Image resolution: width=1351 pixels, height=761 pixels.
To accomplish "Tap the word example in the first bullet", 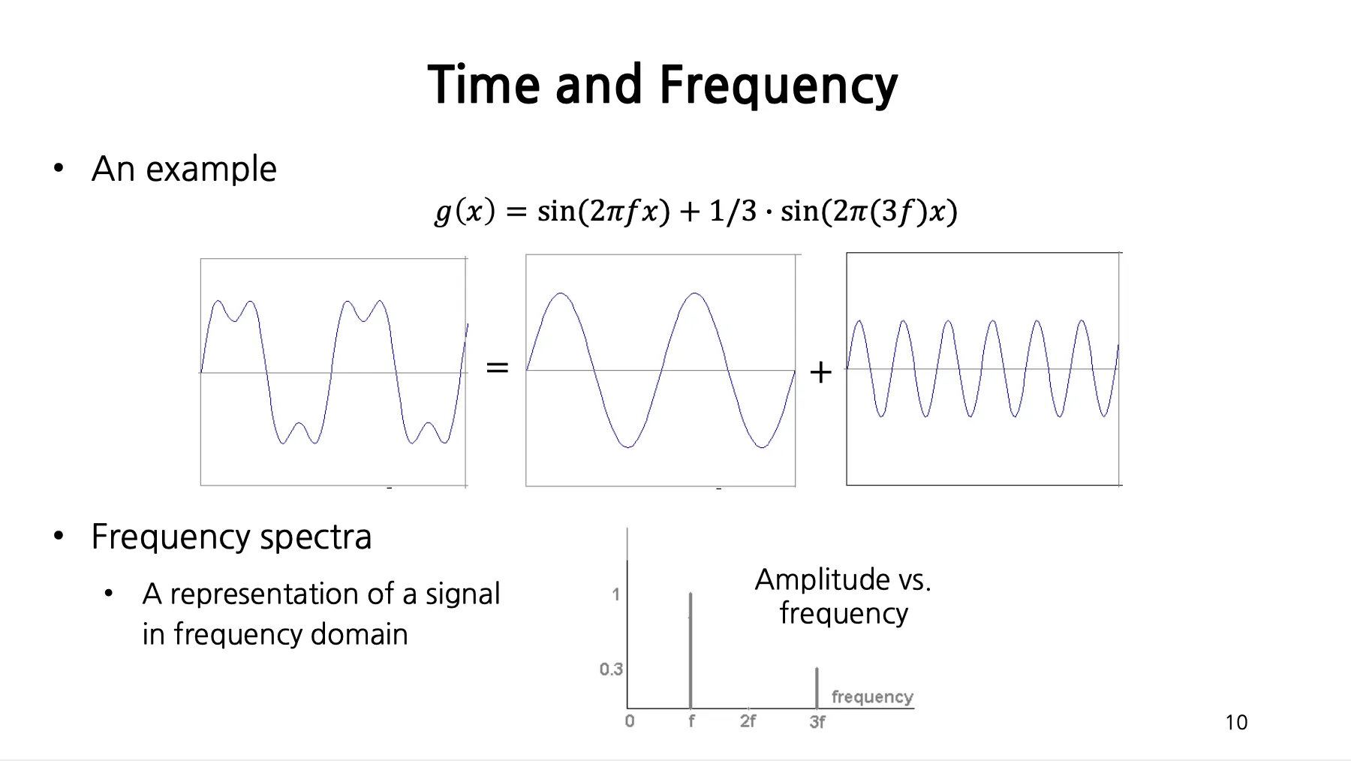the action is pos(211,170).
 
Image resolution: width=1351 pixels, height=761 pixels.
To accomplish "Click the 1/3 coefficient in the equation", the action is pos(733,211).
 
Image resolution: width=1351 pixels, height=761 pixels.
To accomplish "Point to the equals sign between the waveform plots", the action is pos(497,368).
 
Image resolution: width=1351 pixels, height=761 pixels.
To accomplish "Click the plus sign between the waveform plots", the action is pos(821,371).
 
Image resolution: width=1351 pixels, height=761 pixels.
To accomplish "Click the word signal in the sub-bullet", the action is pos(462,594).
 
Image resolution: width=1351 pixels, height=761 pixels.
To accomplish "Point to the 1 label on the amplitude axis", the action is pos(616,594).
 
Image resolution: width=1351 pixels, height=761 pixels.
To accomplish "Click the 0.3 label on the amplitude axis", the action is pos(611,669).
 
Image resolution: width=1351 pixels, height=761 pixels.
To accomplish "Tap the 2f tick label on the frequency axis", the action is pos(748,721).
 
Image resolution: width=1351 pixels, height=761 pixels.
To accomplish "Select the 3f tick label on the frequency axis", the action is pos(817,722).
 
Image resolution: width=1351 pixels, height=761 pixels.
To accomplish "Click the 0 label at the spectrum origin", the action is pos(630,721).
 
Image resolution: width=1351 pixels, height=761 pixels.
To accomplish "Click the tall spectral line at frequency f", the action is pos(691,651).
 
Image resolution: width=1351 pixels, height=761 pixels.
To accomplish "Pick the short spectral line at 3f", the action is pos(817,687).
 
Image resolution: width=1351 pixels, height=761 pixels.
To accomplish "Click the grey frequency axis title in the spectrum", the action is pos(872,697).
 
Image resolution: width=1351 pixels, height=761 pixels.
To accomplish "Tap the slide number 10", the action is pos(1236,723).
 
